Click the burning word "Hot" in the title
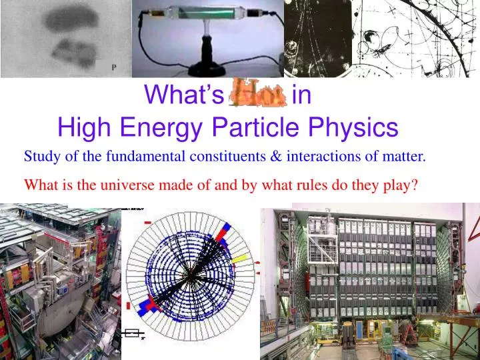pyautogui.click(x=257, y=95)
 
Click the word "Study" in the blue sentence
pyautogui.click(x=40, y=157)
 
